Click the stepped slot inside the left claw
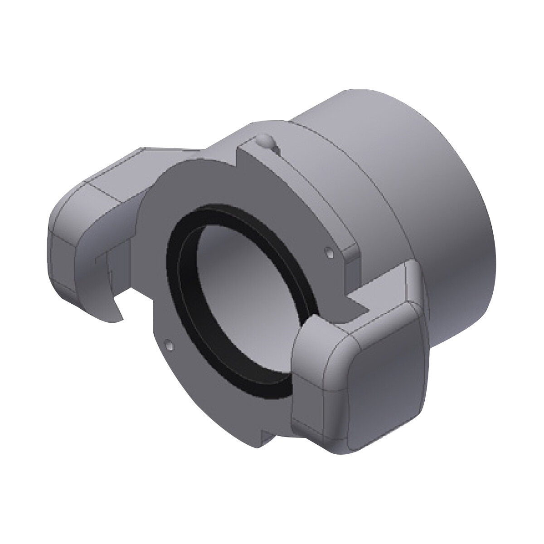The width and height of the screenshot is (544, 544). (102, 267)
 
